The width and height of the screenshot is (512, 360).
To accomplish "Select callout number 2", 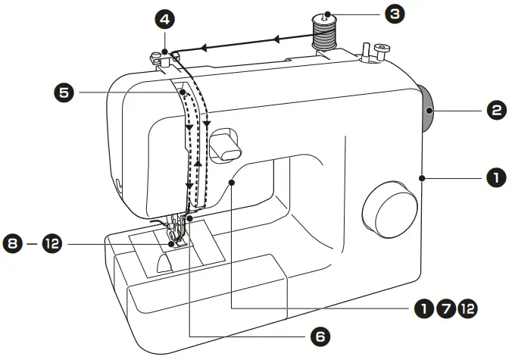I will (x=495, y=111).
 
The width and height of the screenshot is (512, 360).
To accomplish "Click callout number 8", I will (x=14, y=245).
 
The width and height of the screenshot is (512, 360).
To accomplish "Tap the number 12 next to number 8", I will (x=52, y=245).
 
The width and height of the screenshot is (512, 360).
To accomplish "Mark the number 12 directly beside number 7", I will (x=469, y=308).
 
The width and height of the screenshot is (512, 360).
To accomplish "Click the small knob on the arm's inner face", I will (x=223, y=145).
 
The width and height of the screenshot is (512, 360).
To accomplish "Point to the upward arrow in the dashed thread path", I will (x=197, y=161).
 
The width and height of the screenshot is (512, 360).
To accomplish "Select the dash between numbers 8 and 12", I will (x=33, y=245).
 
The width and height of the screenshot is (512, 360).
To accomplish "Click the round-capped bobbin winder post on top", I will (x=379, y=50).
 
